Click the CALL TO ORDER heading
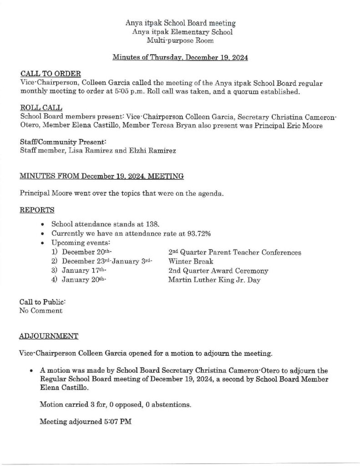pyautogui.click(x=51, y=73)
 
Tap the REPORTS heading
pyautogui.click(x=37, y=210)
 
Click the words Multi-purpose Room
pyautogui.click(x=180, y=41)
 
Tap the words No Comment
pyautogui.click(x=41, y=311)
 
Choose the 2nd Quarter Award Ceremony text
pyautogui.click(x=218, y=271)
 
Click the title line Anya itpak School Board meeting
pyautogui.click(x=180, y=23)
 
